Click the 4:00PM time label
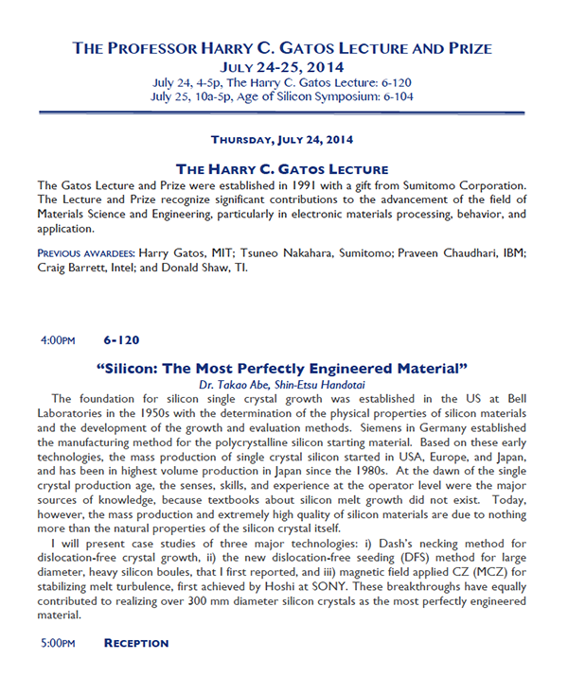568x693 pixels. point(57,339)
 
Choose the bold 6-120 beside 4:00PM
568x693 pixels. point(122,339)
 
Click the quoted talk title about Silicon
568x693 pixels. point(283,367)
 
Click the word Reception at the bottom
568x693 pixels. point(135,643)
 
